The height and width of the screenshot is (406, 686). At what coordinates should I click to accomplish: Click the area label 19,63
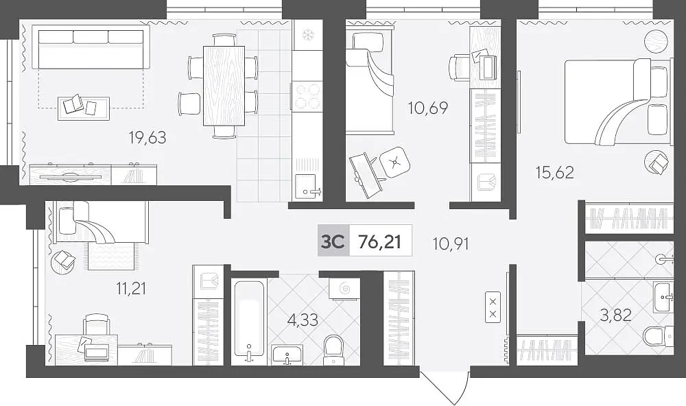click(147, 138)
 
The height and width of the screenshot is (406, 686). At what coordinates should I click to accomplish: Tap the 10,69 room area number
click(428, 108)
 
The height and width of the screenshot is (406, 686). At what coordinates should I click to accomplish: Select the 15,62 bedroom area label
click(555, 172)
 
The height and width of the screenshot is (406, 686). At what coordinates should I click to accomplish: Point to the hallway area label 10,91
click(451, 243)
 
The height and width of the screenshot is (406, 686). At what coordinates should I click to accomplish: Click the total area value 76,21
click(380, 241)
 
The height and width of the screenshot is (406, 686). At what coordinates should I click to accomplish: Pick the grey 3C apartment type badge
click(333, 241)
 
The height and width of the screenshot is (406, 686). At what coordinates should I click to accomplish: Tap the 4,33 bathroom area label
click(303, 320)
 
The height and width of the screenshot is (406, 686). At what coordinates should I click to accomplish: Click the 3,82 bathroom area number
click(615, 315)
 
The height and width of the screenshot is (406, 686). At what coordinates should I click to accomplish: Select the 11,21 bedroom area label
click(131, 288)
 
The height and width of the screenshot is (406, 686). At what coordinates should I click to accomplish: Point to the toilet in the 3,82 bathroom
click(658, 335)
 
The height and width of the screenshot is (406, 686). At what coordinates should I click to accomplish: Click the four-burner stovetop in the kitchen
click(307, 97)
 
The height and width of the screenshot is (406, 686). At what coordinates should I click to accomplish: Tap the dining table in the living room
click(224, 86)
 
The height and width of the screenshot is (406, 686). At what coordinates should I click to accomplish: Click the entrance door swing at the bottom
click(445, 387)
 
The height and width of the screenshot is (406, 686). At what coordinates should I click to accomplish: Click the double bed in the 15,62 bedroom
click(618, 101)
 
